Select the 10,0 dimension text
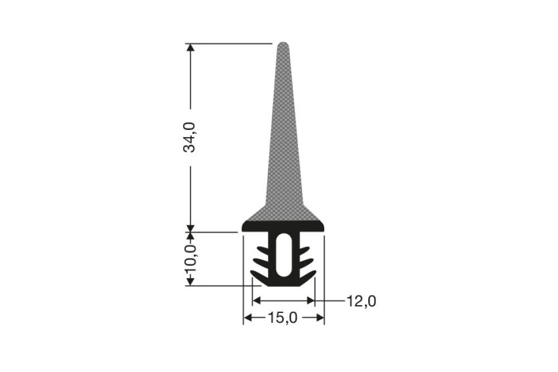(x=191, y=259)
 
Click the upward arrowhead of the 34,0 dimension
(x=191, y=49)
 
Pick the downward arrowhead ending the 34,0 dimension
(x=191, y=227)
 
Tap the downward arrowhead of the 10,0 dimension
(x=191, y=280)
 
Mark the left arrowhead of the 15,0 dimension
(x=248, y=317)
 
